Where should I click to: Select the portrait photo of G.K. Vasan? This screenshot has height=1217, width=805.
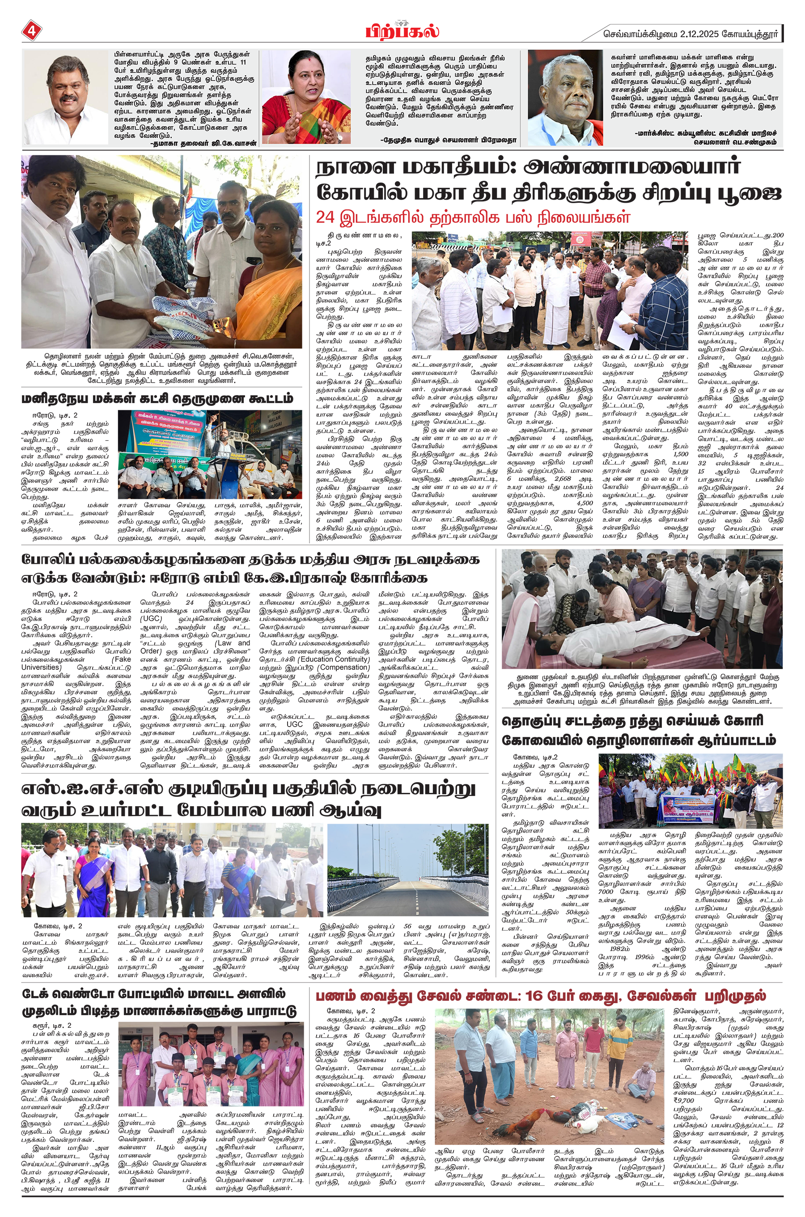point(66,98)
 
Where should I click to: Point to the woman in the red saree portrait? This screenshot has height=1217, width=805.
point(306,98)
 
